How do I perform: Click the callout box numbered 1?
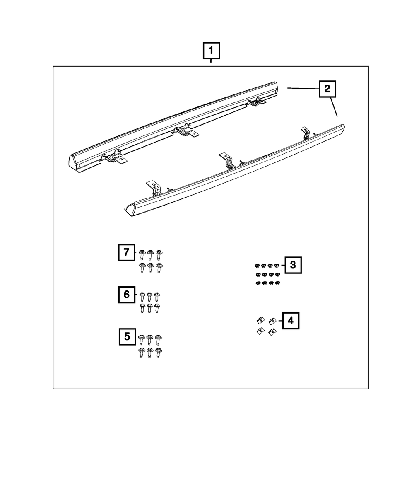(211, 51)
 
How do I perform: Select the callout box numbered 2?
(327, 88)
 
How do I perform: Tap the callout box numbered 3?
(293, 265)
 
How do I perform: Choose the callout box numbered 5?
(127, 336)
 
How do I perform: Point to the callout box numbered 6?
(127, 294)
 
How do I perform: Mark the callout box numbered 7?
(127, 252)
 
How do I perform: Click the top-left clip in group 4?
(260, 320)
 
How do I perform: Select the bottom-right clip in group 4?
(272, 331)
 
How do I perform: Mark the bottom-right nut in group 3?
(277, 283)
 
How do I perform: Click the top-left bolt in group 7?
(142, 254)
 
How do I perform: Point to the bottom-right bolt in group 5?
(158, 353)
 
